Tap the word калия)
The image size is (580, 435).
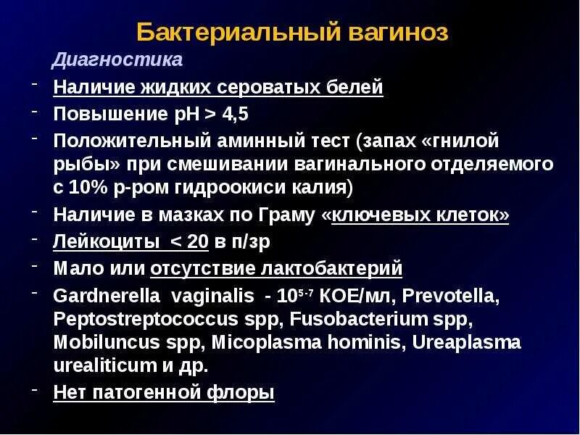(x=324, y=188)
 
